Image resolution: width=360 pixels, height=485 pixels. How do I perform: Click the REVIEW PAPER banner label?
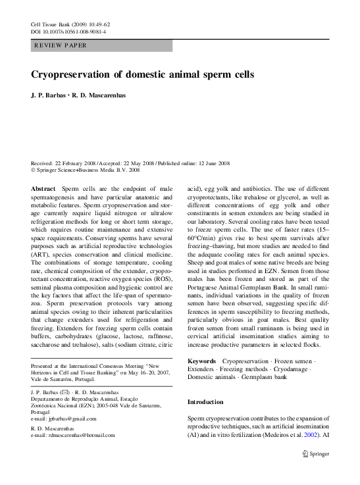pos(61,45)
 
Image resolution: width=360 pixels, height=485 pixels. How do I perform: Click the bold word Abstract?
pos(43,188)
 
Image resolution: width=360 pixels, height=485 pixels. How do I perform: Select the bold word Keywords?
pos(201,361)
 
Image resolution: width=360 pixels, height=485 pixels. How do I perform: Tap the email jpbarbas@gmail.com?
pos(68,419)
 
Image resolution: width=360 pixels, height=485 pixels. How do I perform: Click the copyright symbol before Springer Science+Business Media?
pos(34,170)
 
